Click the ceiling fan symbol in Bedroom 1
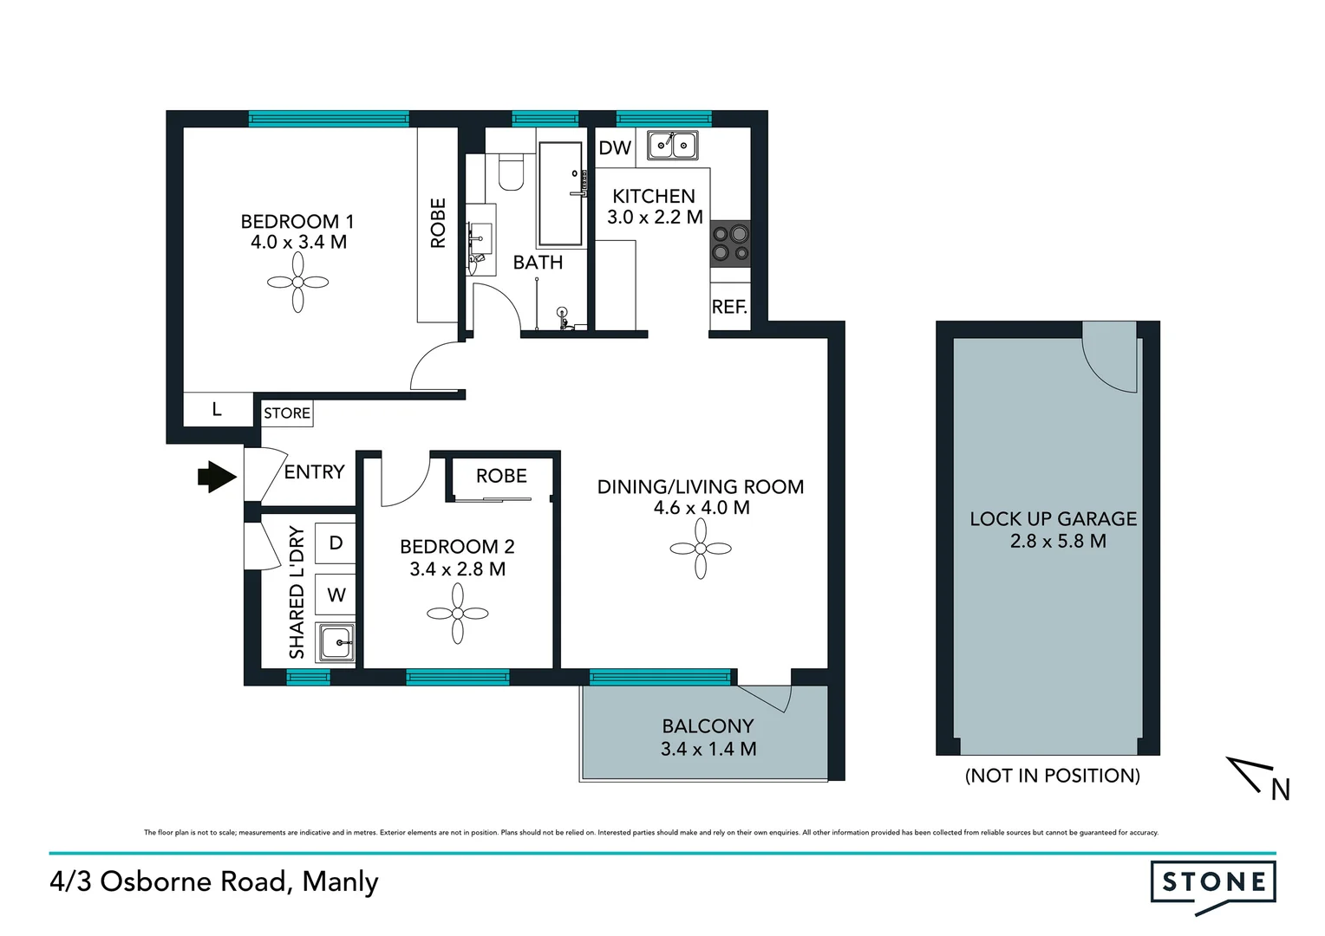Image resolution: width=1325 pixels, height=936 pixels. click(x=297, y=283)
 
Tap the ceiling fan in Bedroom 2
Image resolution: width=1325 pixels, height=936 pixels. click(x=458, y=614)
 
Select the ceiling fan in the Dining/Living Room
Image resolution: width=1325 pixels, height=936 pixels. click(x=701, y=549)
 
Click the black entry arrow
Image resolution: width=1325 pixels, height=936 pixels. click(x=217, y=476)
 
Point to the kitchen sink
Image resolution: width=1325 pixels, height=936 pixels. click(x=672, y=145)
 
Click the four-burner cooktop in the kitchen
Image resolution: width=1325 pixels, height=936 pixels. click(x=729, y=243)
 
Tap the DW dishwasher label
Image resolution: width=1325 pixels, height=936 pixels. click(x=615, y=148)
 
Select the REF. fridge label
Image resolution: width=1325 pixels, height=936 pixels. click(x=729, y=307)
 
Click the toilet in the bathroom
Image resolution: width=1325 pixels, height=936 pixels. click(x=512, y=172)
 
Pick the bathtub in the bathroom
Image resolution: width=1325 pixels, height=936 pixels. click(x=560, y=194)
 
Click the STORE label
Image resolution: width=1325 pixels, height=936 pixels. click(x=287, y=413)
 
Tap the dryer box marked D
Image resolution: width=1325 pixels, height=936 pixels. click(x=336, y=543)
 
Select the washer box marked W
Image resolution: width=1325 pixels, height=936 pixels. click(x=336, y=595)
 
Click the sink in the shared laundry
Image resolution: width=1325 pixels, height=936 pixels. click(x=335, y=643)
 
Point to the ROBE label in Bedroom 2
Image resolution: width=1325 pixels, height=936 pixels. click(x=501, y=476)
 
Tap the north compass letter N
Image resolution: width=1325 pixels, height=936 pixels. click(x=1280, y=790)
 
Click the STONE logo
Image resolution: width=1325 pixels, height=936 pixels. click(x=1213, y=883)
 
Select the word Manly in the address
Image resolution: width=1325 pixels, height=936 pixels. click(x=341, y=882)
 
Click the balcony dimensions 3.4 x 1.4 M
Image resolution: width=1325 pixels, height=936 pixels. click(x=708, y=749)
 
